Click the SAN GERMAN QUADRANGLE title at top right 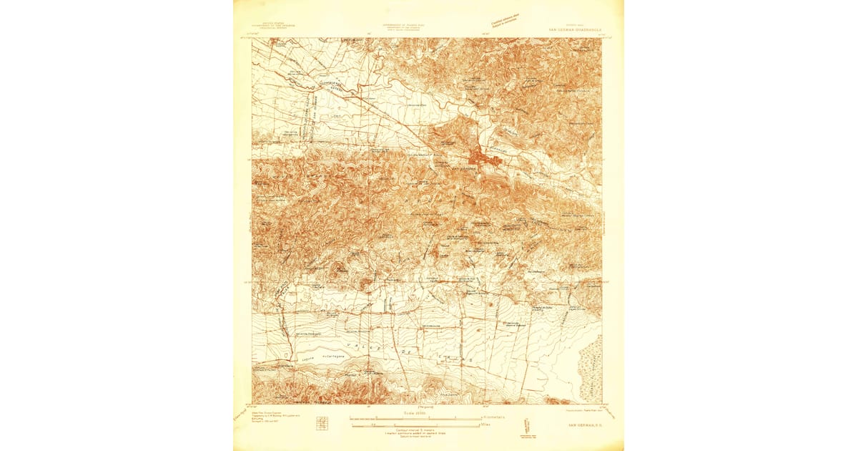pos(575,30)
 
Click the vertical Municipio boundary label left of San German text pos(305,129)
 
